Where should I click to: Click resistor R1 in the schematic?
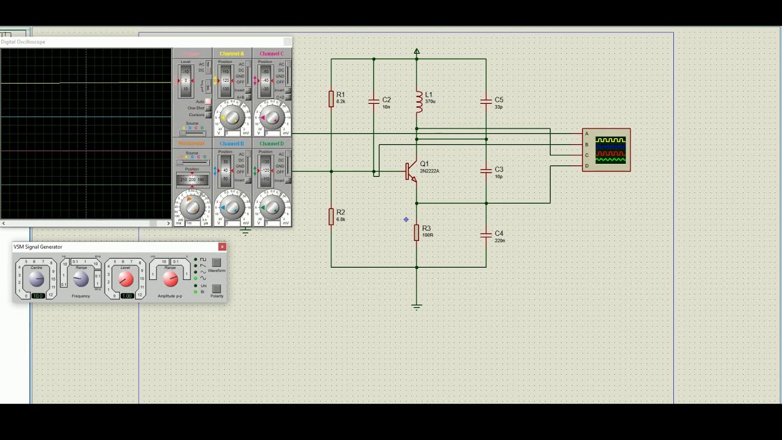pyautogui.click(x=331, y=98)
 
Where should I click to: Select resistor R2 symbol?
pyautogui.click(x=331, y=216)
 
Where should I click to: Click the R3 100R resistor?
pyautogui.click(x=417, y=232)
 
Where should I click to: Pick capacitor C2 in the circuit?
pyautogui.click(x=374, y=102)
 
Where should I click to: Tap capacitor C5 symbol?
pyautogui.click(x=486, y=102)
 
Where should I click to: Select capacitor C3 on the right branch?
pyautogui.click(x=486, y=172)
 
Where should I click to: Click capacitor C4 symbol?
pyautogui.click(x=486, y=235)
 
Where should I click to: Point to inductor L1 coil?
pyautogui.click(x=418, y=101)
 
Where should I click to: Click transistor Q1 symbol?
pyautogui.click(x=411, y=171)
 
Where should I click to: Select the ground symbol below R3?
pyautogui.click(x=417, y=306)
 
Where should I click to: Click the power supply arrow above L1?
pyautogui.click(x=417, y=53)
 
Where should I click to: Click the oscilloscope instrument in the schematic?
pyautogui.click(x=607, y=150)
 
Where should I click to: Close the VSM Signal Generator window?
pyautogui.click(x=222, y=247)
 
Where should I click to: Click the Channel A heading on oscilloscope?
pyautogui.click(x=232, y=54)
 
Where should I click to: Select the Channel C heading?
pyautogui.click(x=271, y=54)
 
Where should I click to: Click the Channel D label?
pyautogui.click(x=271, y=144)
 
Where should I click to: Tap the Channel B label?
pyautogui.click(x=232, y=144)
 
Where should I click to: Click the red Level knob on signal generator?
pyautogui.click(x=125, y=279)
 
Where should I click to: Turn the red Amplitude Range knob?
pyautogui.click(x=170, y=279)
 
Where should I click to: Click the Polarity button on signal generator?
pyautogui.click(x=216, y=289)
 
